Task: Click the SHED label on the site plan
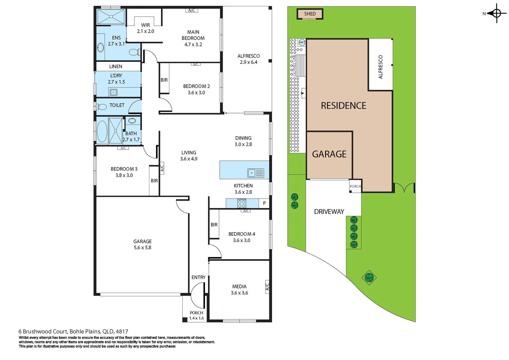coord(310,14)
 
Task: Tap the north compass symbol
coord(496,13)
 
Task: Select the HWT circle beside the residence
coord(302,42)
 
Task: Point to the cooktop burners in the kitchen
coord(242,203)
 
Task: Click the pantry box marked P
coord(264,203)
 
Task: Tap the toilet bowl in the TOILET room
coord(102,107)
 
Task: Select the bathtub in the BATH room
coord(102,131)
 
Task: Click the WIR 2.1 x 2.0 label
coord(145,28)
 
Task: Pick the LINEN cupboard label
coord(116,66)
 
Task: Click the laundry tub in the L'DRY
coord(114,92)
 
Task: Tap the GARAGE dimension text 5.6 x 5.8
coord(142,248)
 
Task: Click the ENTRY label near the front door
coord(198,277)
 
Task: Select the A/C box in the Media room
coord(267,286)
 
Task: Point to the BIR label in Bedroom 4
coord(214,225)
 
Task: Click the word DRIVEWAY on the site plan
coord(329,212)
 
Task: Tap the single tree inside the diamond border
coord(369,277)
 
